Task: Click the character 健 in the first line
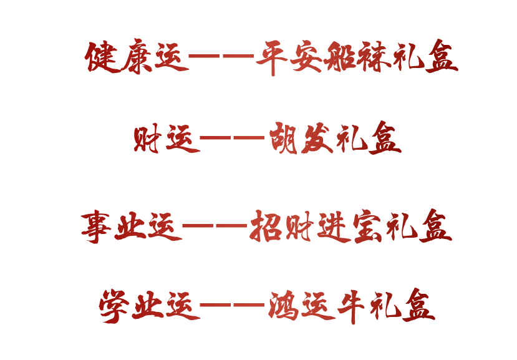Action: coord(102,58)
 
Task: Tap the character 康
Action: coord(137,58)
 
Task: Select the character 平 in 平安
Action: coord(272,58)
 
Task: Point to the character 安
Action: coord(306,58)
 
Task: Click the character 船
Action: coord(341,58)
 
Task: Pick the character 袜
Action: coord(375,58)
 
